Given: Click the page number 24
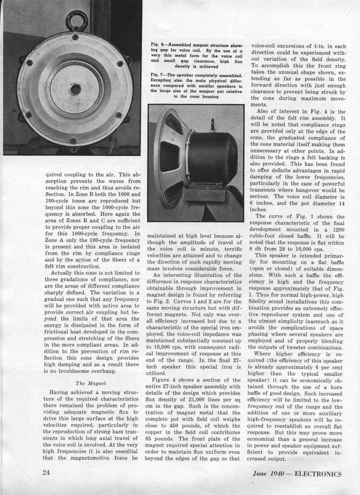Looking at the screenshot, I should point(47,473).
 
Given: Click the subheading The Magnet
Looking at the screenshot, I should point(86,383).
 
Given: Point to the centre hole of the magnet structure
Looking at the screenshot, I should point(75,89).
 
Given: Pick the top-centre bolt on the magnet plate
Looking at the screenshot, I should point(75,38).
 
